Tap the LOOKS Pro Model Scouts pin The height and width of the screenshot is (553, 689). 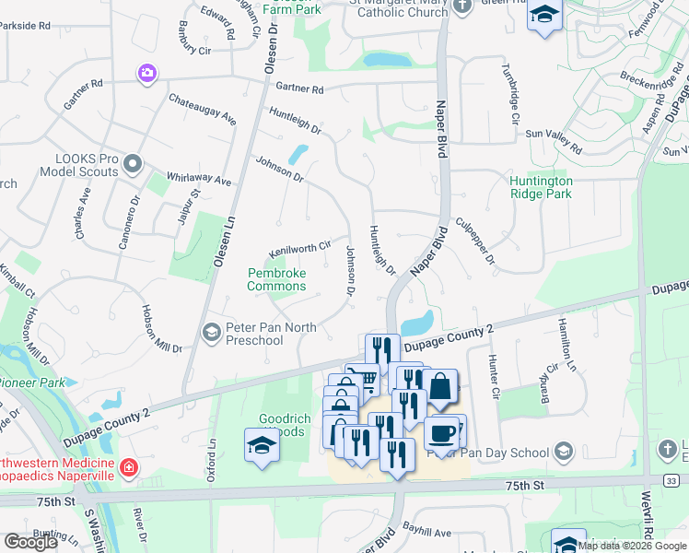(x=133, y=165)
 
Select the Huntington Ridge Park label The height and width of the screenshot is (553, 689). (x=541, y=187)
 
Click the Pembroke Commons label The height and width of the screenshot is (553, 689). (x=276, y=279)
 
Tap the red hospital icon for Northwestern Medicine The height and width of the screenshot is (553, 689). (x=128, y=468)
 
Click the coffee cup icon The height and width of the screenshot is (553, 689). (x=442, y=431)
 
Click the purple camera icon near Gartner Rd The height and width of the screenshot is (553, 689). (x=146, y=73)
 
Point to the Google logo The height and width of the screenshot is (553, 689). (x=30, y=542)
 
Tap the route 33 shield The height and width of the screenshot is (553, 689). (x=672, y=480)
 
